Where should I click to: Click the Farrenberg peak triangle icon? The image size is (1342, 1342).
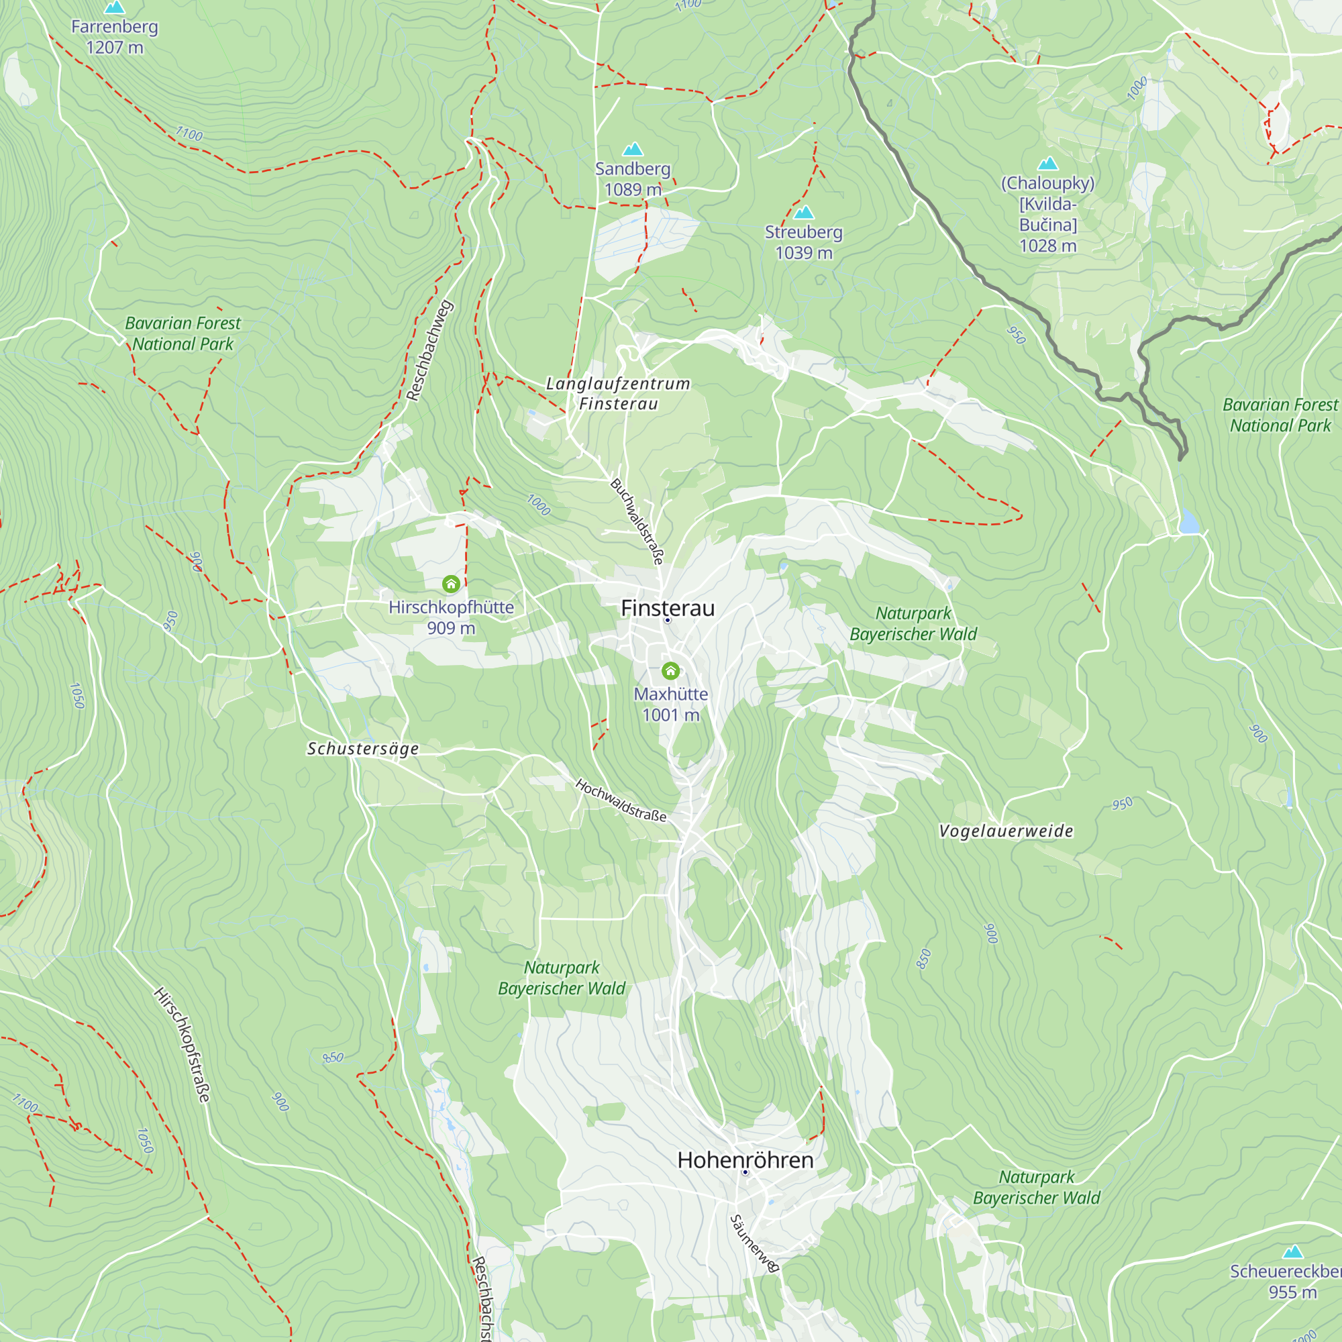115,7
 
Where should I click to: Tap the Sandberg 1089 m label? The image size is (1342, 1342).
632,178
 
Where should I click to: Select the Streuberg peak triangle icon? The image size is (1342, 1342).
804,212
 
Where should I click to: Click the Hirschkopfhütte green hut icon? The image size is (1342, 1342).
451,584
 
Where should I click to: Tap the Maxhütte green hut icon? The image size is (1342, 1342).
670,670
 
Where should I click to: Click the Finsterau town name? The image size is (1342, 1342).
668,608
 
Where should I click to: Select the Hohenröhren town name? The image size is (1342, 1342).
745,1159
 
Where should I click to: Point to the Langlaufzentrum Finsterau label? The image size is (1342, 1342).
617,393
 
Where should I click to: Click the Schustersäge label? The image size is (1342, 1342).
362,748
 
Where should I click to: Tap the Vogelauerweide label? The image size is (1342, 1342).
1006,831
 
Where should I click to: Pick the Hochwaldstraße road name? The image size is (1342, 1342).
620,801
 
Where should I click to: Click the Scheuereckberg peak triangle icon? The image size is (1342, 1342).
1293,1251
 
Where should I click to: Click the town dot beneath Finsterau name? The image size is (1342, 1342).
668,620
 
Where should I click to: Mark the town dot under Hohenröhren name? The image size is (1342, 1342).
745,1172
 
